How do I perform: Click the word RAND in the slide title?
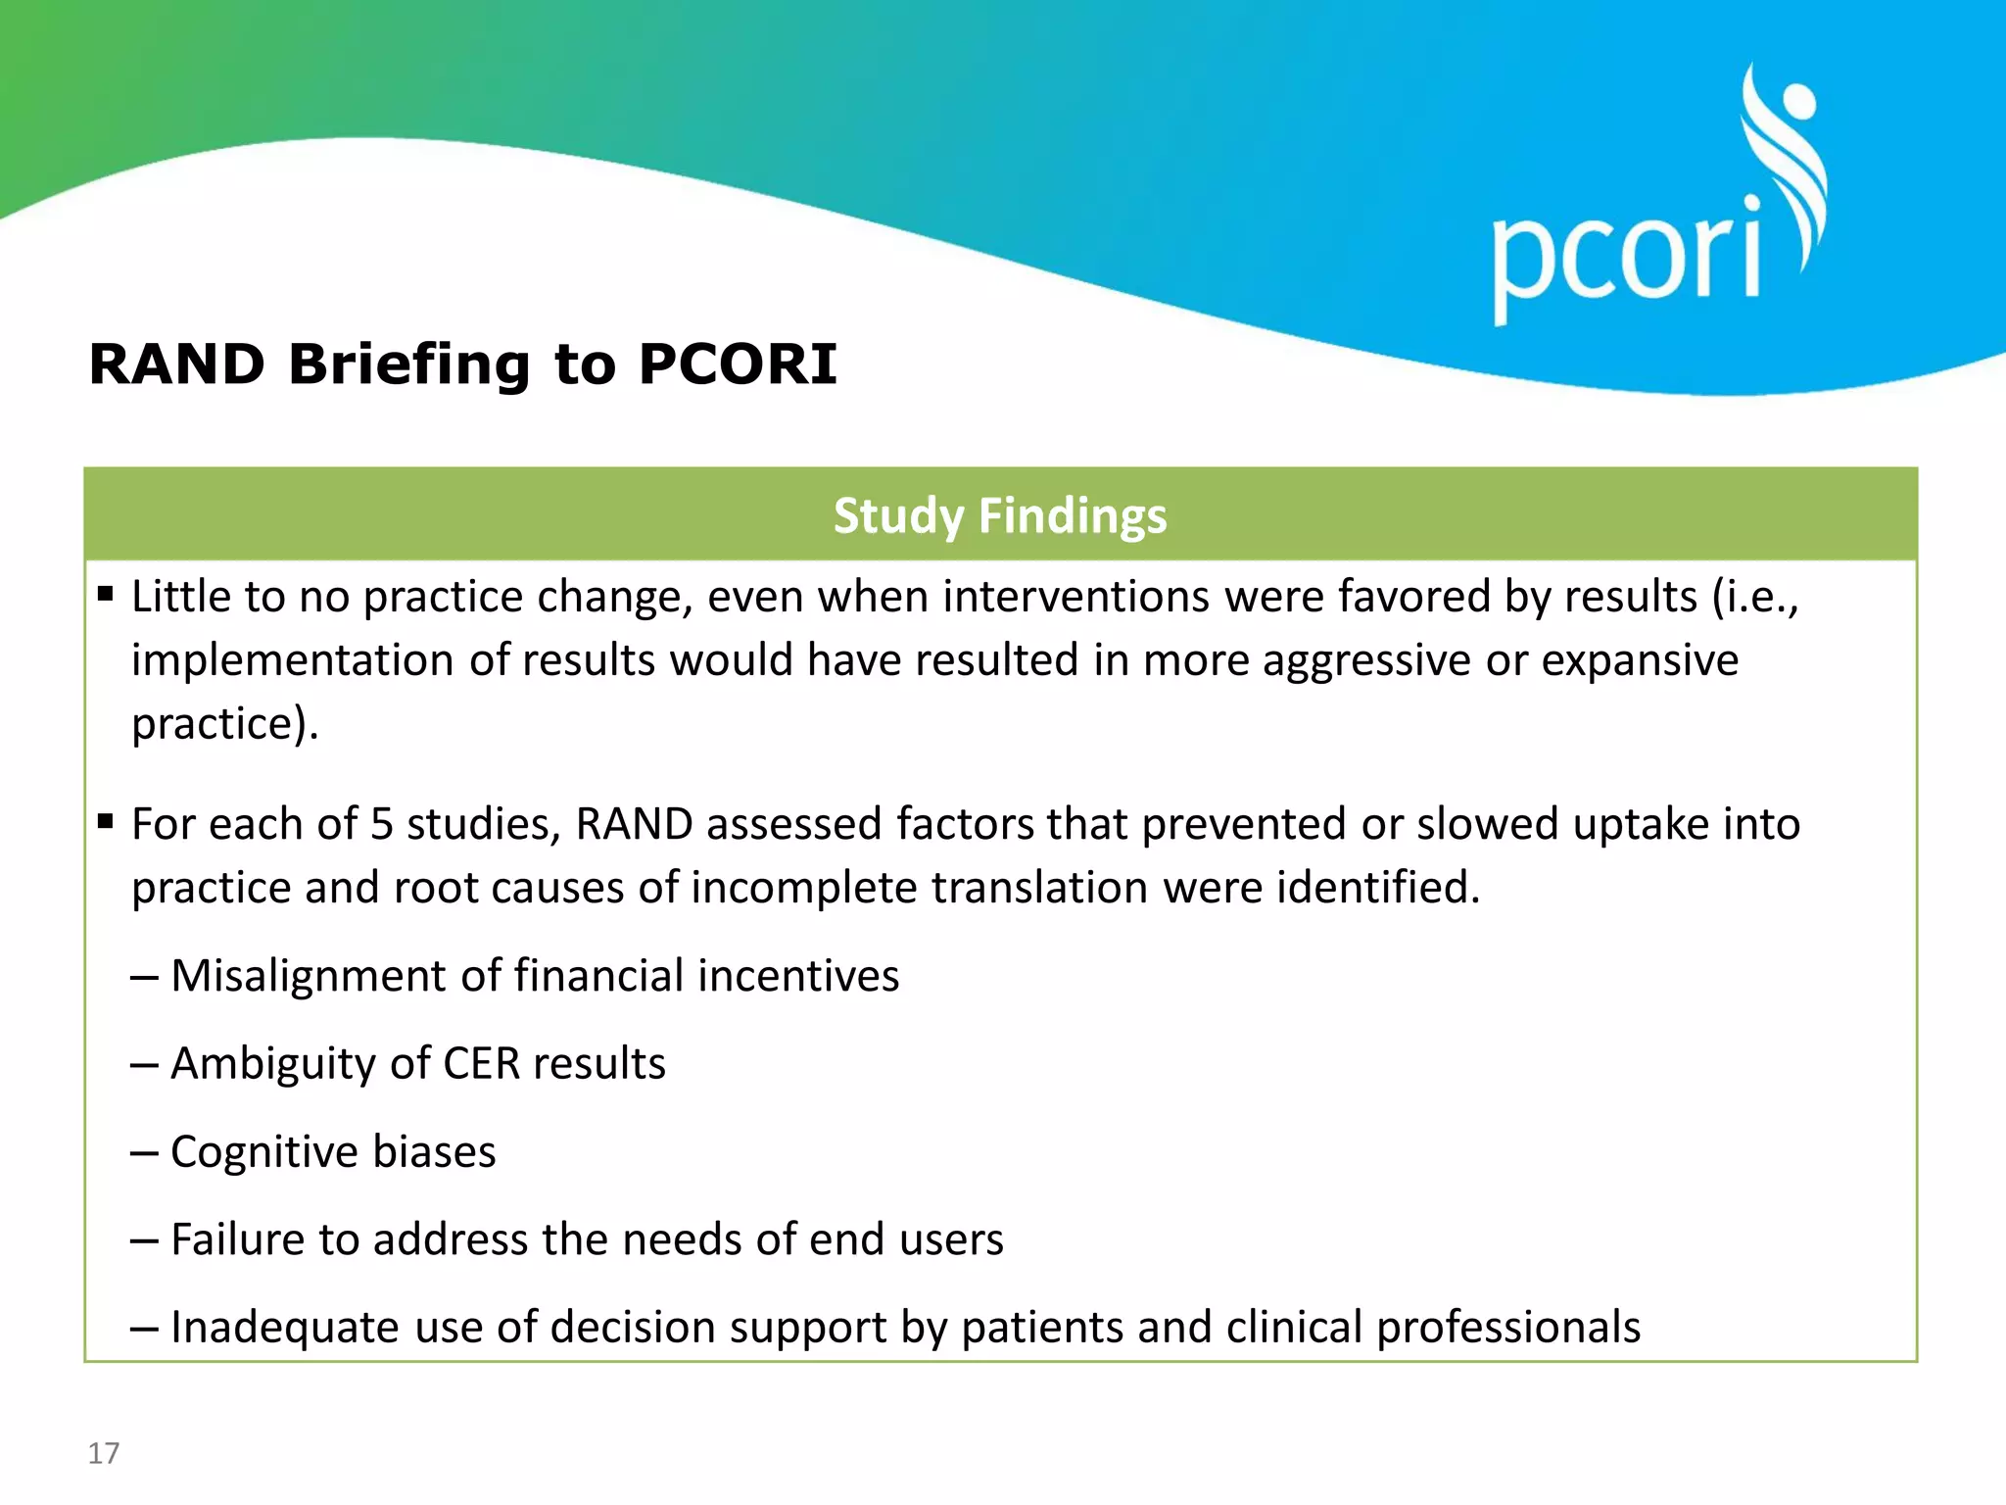pos(177,364)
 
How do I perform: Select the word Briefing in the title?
pos(408,366)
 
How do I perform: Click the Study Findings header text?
pos(1000,515)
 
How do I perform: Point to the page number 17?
pos(104,1453)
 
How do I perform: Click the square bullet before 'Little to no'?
pos(106,593)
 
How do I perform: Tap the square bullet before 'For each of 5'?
pos(106,820)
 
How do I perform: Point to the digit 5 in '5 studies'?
pos(382,824)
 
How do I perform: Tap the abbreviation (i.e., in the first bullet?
pos(1755,597)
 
